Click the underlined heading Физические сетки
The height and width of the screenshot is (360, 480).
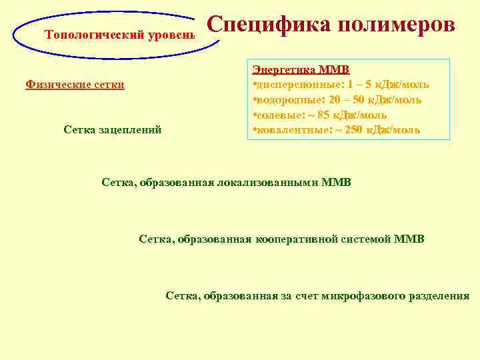75,85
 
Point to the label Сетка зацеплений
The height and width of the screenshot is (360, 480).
113,129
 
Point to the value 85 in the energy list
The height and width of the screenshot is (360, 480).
328,115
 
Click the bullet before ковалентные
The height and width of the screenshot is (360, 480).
254,129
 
